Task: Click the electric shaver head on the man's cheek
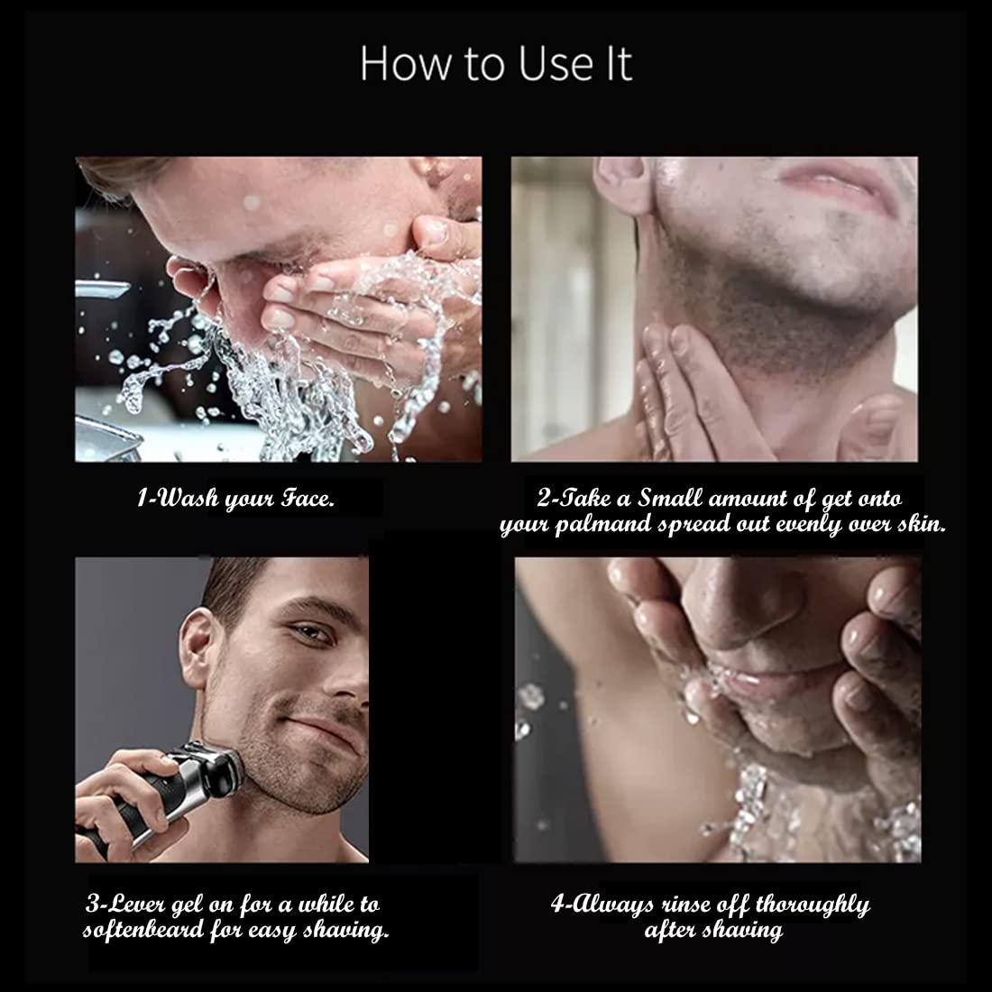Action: pos(216,772)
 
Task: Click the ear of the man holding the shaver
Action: pos(196,648)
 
